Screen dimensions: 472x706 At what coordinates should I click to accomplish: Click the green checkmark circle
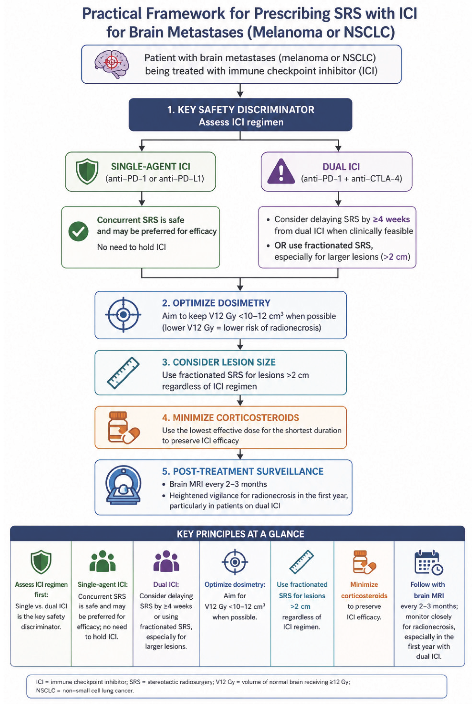pos(78,231)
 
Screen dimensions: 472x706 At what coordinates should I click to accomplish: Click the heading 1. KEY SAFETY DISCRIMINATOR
pos(241,109)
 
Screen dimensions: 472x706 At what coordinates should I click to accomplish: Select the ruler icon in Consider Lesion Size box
pos(123,373)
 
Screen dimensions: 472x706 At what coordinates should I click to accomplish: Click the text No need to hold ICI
pos(131,247)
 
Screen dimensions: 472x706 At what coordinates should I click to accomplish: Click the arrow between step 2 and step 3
pos(240,345)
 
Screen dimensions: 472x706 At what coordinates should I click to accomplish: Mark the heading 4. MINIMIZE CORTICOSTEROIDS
pos(231,418)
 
